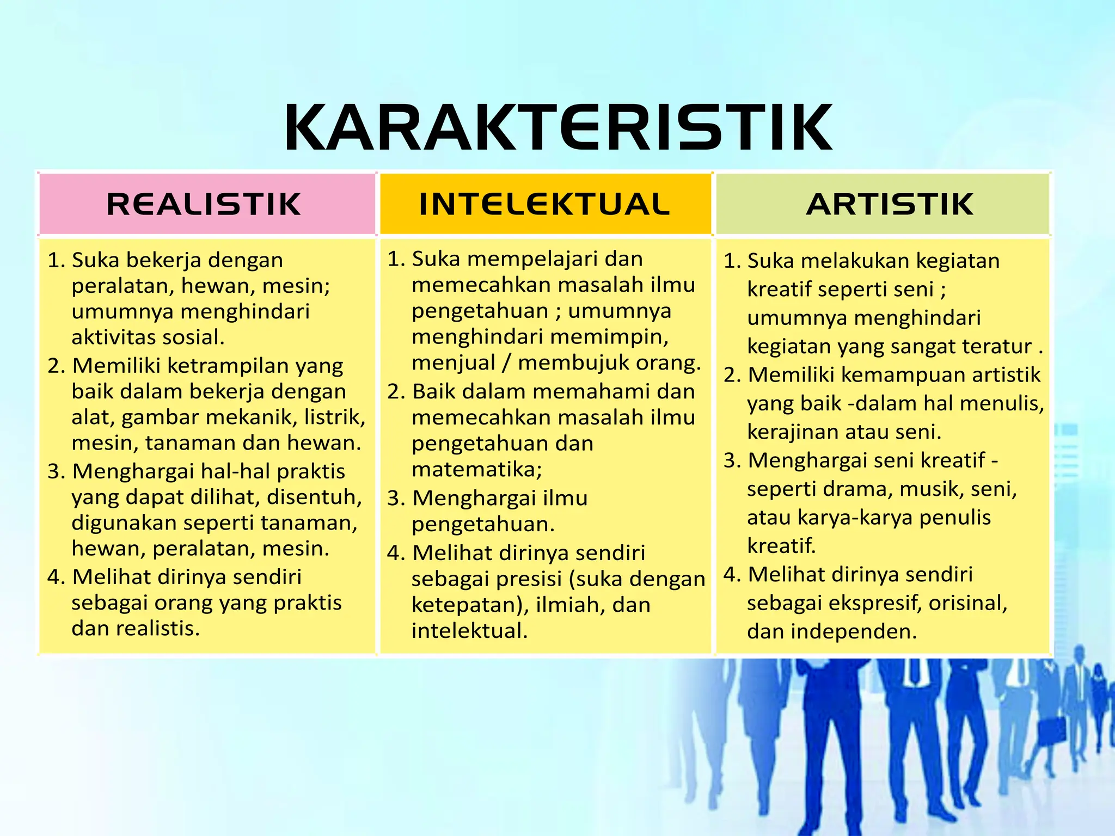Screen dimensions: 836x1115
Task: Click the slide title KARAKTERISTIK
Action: (557, 127)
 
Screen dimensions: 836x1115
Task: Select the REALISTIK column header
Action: (204, 204)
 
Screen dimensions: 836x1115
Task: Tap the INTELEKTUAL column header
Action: (544, 204)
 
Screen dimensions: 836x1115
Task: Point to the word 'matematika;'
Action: (477, 469)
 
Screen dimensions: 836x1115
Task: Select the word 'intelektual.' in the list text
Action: (469, 631)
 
